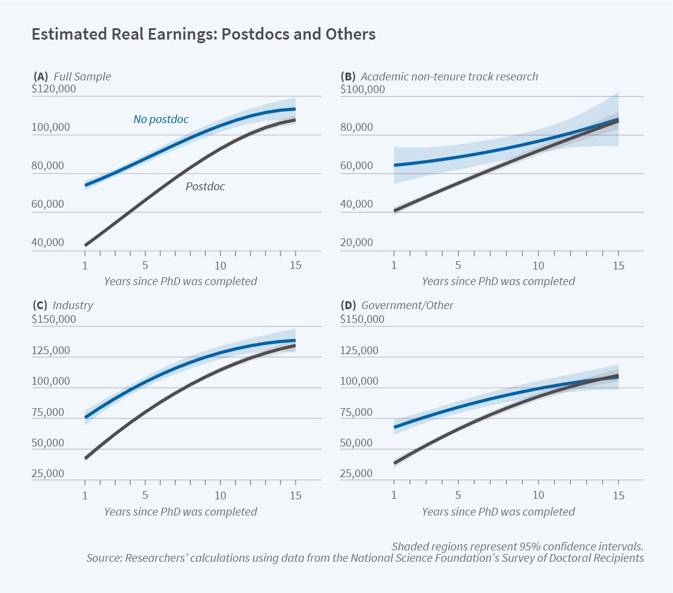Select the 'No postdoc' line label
(160, 119)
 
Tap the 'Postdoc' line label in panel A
(205, 187)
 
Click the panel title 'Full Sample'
(82, 76)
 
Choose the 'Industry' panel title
(73, 306)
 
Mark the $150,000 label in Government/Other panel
(362, 319)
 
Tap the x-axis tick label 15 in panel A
(296, 266)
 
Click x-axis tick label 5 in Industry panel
(145, 496)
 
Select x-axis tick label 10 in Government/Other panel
(538, 496)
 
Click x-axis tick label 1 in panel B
(394, 266)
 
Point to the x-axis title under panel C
(180, 512)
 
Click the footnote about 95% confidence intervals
(517, 546)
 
